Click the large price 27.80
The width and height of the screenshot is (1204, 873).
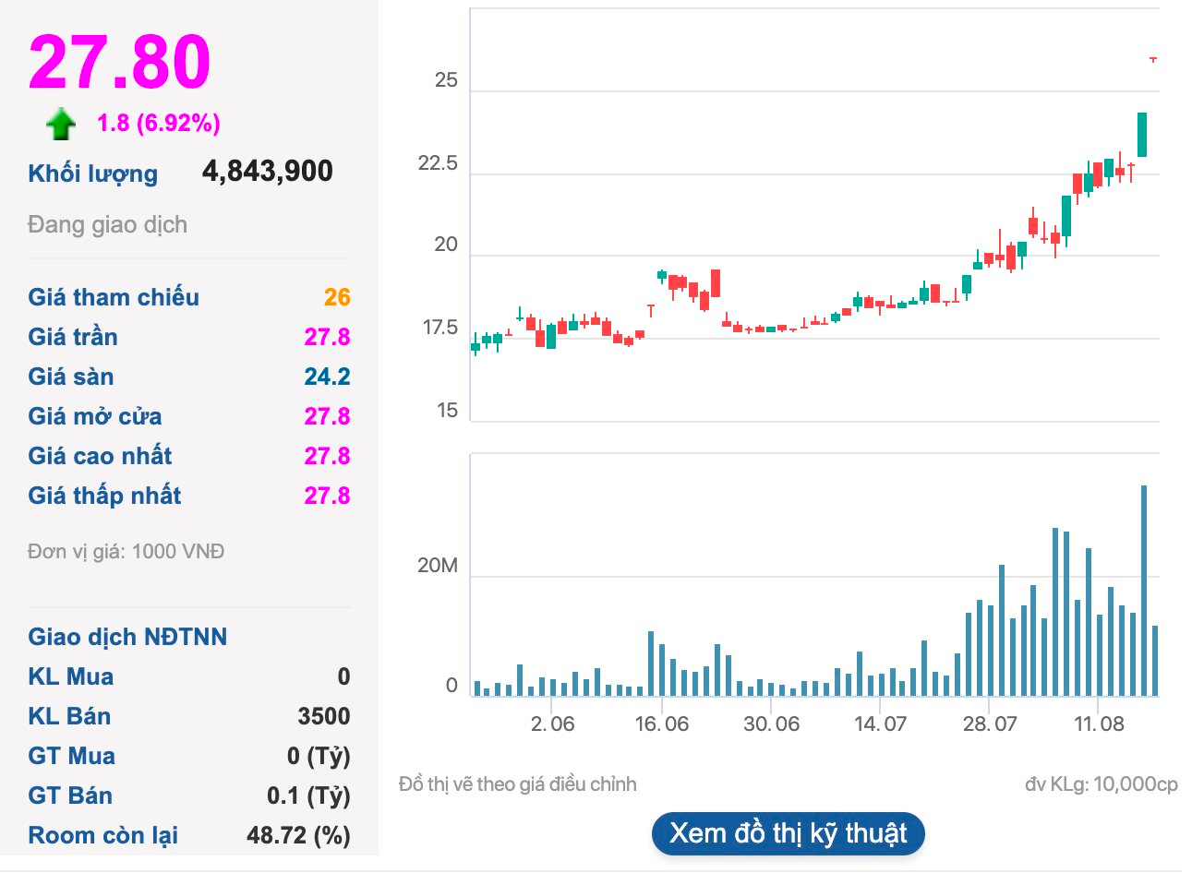(x=120, y=62)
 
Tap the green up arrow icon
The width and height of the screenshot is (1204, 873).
(x=61, y=124)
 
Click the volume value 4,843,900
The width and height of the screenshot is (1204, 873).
(x=267, y=172)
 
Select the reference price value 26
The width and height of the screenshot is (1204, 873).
(x=336, y=297)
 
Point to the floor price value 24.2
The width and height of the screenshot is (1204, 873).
(x=327, y=377)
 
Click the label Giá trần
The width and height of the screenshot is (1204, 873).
(x=73, y=337)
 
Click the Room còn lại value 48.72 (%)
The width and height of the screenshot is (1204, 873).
(x=297, y=835)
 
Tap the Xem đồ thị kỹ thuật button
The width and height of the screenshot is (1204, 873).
(x=788, y=833)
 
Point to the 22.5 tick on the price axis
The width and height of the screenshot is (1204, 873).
(x=438, y=164)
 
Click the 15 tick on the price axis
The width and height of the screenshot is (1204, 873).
(x=447, y=411)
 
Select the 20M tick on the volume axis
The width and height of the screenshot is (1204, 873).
(x=437, y=566)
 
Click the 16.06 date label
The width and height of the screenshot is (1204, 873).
(x=662, y=724)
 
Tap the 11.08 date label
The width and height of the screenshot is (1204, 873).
(x=1099, y=724)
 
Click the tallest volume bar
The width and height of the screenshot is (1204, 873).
(x=1144, y=591)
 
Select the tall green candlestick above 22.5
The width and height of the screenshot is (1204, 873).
(x=1142, y=135)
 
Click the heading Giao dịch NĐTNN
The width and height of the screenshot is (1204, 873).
(x=127, y=637)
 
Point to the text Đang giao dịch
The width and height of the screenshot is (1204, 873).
(x=107, y=225)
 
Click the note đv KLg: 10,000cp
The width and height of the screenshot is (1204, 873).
(x=1101, y=784)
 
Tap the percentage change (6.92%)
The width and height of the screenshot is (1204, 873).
(x=178, y=123)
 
